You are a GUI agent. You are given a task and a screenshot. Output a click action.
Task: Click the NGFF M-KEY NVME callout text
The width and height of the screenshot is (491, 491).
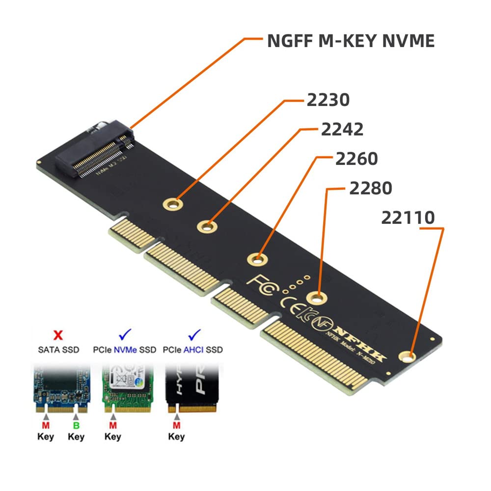pos(351,40)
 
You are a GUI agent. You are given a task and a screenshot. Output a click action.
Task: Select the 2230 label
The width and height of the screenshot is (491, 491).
pos(328,100)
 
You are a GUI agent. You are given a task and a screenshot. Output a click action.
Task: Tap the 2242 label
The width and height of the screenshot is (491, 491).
pos(342,129)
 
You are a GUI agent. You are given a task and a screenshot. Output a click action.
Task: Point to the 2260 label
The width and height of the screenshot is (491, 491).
pos(356,159)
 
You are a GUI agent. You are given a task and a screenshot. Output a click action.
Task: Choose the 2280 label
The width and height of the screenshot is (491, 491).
pos(371,188)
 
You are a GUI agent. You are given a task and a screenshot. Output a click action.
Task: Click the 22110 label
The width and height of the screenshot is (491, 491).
pos(408,218)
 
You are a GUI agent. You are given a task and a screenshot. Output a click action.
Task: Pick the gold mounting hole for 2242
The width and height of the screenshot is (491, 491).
pos(207,226)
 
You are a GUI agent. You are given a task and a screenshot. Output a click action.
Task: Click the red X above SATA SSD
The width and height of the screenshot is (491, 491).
pos(57,336)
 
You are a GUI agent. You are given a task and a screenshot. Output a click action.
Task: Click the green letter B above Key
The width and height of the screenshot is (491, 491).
pos(77,425)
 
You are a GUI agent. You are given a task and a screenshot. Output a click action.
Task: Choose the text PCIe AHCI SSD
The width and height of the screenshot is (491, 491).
pos(193,350)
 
